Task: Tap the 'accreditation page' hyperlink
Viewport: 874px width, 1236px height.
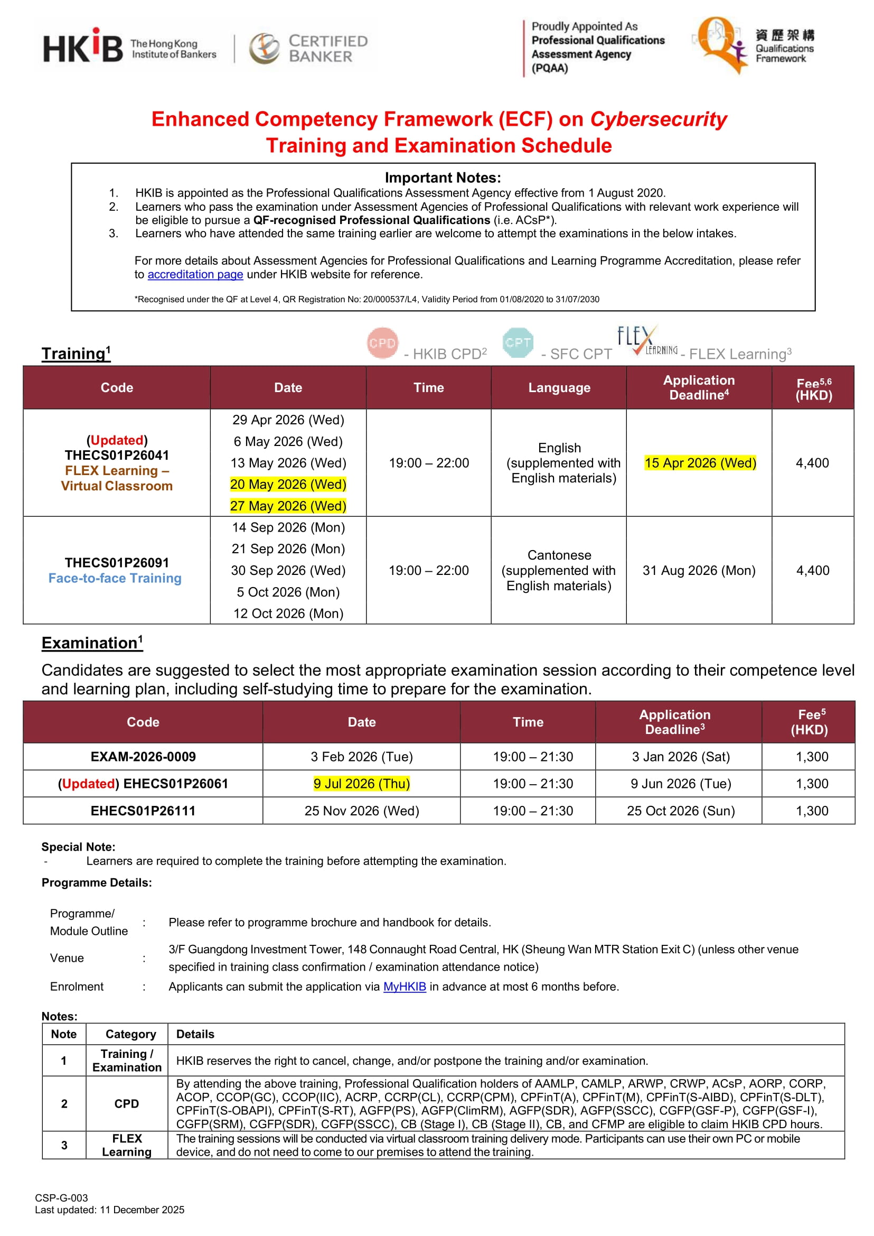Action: click(195, 275)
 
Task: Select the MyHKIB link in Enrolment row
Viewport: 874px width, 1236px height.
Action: click(404, 987)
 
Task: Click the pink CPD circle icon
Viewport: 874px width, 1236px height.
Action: click(382, 342)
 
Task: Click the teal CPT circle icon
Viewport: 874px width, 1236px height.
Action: click(518, 342)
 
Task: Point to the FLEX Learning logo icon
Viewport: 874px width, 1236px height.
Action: click(646, 340)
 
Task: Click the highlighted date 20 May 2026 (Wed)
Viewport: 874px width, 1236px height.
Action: click(288, 485)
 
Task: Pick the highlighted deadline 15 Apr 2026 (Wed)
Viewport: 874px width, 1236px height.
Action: click(700, 463)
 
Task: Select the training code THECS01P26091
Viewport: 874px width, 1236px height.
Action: click(117, 563)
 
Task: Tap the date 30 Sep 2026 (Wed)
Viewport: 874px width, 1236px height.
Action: click(288, 570)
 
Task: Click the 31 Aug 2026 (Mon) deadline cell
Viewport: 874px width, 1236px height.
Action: click(699, 570)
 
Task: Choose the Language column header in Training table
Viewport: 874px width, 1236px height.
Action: click(559, 388)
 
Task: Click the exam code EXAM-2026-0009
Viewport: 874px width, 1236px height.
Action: click(143, 757)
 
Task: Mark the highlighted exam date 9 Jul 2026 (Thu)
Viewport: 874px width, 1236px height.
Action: click(361, 784)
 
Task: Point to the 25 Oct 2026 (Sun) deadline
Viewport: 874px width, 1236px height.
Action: click(680, 811)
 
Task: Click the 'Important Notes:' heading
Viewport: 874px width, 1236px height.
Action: click(443, 178)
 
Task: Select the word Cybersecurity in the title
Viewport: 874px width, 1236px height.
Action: click(657, 119)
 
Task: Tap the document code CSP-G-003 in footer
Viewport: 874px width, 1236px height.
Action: click(61, 1198)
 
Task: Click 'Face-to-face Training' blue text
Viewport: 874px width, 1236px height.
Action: click(115, 579)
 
